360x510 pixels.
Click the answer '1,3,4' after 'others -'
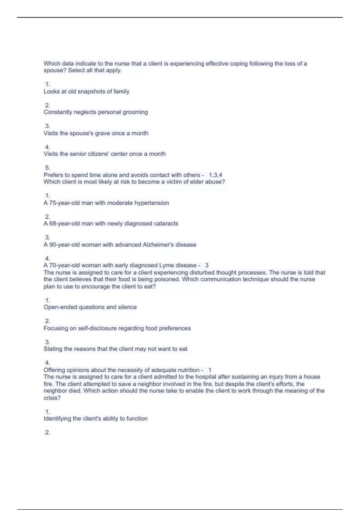pos(216,175)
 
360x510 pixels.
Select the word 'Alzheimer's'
pos(158,245)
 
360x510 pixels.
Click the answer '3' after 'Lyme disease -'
pos(207,265)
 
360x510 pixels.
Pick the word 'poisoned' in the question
pos(166,279)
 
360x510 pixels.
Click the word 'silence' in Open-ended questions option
pos(127,307)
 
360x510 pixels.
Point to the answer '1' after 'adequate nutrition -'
pos(210,370)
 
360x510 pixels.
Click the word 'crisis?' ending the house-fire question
pos(52,398)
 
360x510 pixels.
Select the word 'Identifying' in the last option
pos(57,418)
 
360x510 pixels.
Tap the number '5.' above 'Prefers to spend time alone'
pos(47,168)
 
